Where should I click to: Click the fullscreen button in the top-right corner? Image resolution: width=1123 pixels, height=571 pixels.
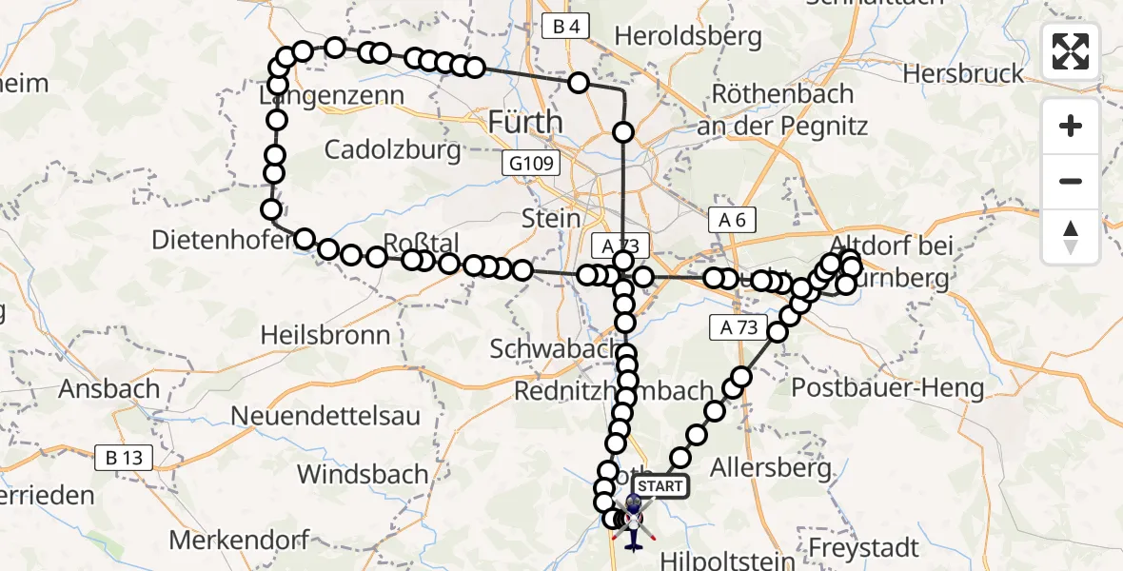tap(1071, 51)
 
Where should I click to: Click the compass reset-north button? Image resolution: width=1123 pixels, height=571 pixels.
tap(1071, 237)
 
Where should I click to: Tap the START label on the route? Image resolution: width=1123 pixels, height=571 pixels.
tap(659, 486)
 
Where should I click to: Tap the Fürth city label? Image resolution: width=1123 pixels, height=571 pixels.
tap(523, 122)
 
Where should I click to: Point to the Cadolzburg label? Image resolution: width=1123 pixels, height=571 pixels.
tap(392, 149)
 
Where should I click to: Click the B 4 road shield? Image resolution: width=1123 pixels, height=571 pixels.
tap(565, 27)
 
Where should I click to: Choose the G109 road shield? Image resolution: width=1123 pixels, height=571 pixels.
tap(531, 165)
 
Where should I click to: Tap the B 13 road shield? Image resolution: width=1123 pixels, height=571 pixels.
tap(124, 458)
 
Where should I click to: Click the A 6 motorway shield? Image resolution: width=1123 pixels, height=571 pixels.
tap(732, 221)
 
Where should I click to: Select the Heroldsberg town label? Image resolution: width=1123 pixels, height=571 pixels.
tap(688, 36)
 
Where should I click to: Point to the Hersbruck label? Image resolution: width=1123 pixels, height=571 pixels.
tap(963, 73)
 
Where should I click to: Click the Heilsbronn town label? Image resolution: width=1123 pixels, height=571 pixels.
tap(325, 335)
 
